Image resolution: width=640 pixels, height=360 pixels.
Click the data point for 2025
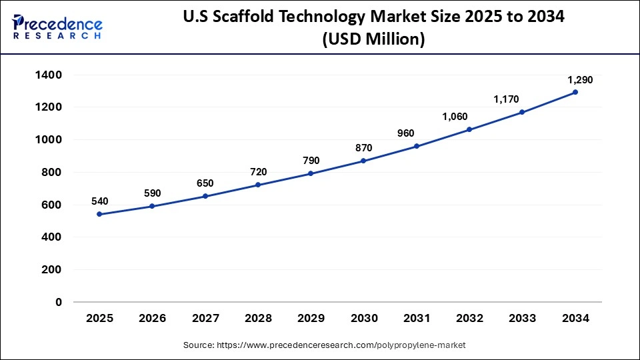[99, 214]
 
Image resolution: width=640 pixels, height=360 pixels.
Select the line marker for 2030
[363, 161]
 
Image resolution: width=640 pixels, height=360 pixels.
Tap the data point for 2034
[575, 92]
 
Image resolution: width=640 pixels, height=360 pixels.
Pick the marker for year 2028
[257, 185]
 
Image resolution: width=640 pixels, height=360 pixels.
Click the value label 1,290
[580, 80]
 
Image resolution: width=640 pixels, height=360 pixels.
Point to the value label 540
[99, 201]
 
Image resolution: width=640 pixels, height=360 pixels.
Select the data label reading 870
[364, 147]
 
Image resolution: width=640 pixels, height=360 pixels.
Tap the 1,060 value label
[455, 117]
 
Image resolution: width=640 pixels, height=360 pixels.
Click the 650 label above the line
[205, 183]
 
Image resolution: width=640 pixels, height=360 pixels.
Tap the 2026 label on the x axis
[152, 319]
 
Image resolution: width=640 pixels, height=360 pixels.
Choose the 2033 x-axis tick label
[522, 319]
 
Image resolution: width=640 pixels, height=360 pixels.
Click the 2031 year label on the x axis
[416, 319]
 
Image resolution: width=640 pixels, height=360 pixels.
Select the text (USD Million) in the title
[373, 39]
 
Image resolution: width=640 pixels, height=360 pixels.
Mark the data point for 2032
[469, 129]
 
